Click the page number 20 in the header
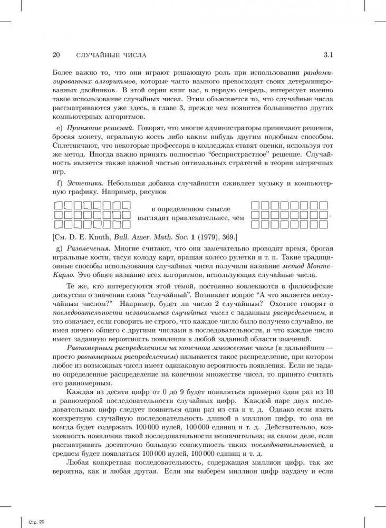(x=57, y=55)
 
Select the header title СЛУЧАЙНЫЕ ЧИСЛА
(x=111, y=55)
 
